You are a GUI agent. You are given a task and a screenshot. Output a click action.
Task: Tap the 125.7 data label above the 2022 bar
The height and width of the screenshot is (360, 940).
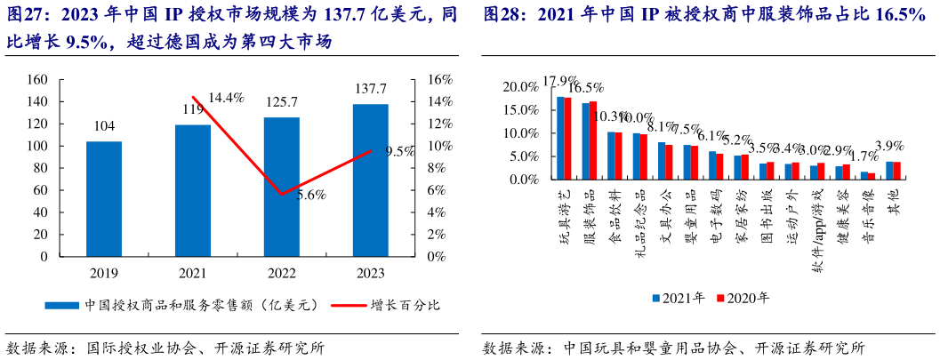(x=281, y=102)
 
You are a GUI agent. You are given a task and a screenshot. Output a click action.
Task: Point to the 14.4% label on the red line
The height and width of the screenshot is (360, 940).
(x=226, y=98)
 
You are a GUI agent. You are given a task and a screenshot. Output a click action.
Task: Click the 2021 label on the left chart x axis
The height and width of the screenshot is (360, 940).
(x=193, y=272)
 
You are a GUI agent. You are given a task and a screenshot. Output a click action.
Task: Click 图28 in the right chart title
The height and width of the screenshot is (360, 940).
(x=504, y=15)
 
